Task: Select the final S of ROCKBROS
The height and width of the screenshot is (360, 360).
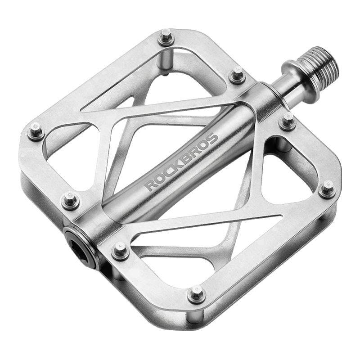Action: tap(212, 139)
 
